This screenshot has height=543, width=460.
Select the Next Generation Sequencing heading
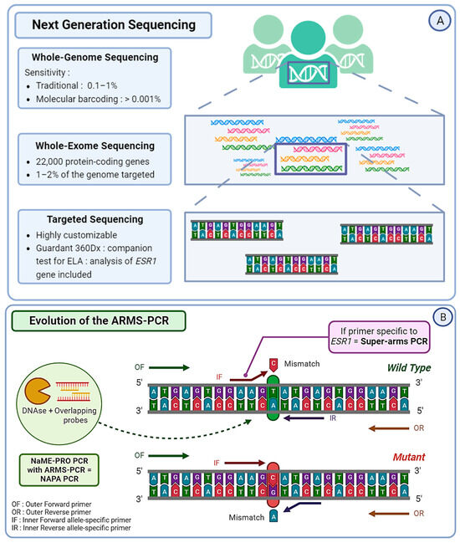click(114, 25)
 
